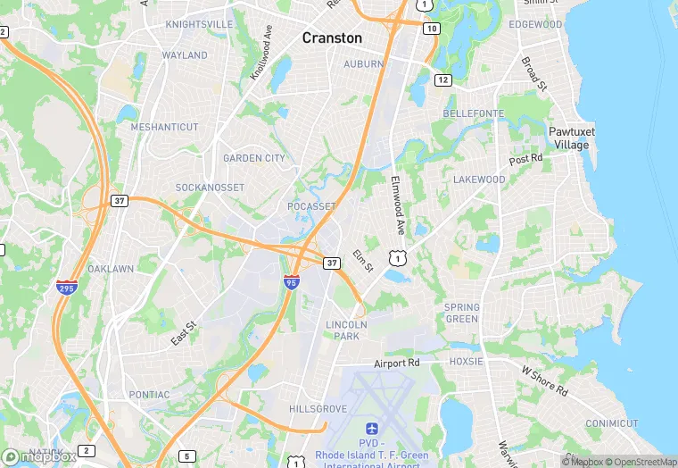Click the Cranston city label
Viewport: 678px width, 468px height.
pyautogui.click(x=332, y=38)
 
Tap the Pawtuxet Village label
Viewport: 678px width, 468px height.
pyautogui.click(x=570, y=138)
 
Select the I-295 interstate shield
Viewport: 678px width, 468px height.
pyautogui.click(x=67, y=287)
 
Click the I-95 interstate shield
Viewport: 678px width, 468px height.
pyautogui.click(x=292, y=281)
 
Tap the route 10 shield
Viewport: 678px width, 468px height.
pyautogui.click(x=432, y=29)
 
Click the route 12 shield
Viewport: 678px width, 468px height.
pyautogui.click(x=442, y=79)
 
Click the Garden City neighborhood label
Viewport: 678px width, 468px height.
pyautogui.click(x=254, y=158)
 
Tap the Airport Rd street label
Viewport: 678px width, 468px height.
pyautogui.click(x=396, y=364)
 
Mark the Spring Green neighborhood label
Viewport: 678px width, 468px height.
pyautogui.click(x=461, y=313)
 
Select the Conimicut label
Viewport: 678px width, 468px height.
pyautogui.click(x=612, y=422)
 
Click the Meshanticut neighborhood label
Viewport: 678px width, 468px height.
pyautogui.click(x=164, y=127)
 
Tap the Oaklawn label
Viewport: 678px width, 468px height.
pyautogui.click(x=111, y=269)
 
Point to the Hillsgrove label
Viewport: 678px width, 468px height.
pyautogui.click(x=318, y=408)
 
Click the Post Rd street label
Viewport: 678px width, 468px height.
pyautogui.click(x=525, y=159)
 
